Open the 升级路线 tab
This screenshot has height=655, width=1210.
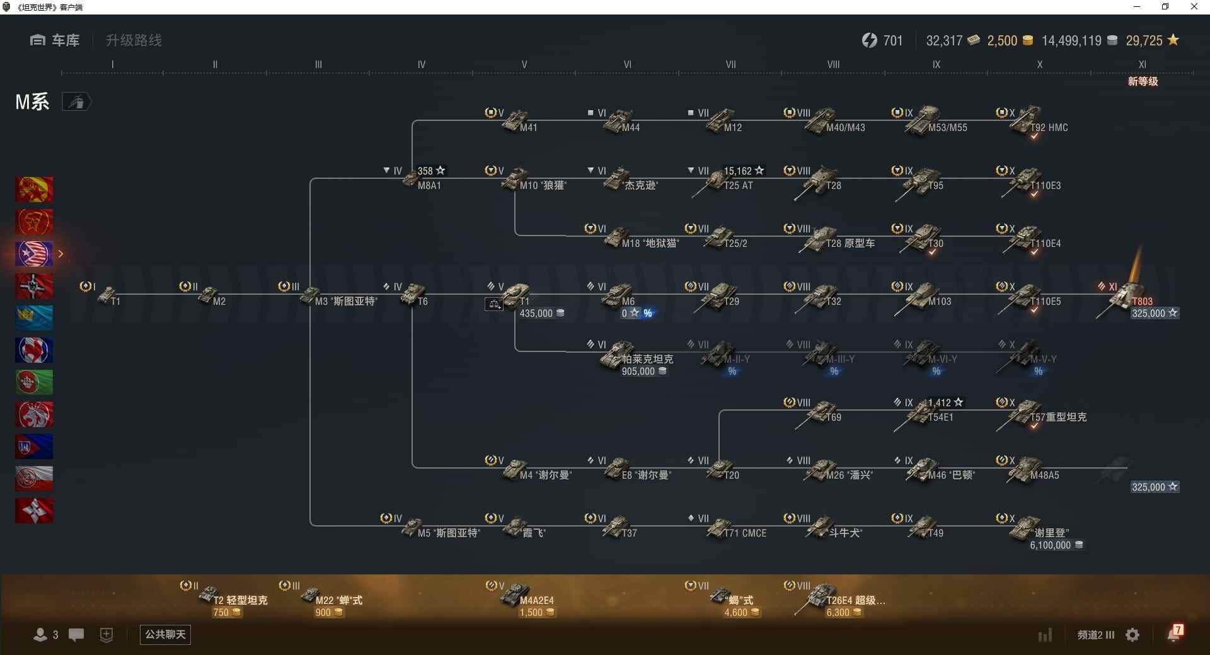click(x=134, y=40)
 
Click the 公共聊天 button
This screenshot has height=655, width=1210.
click(x=165, y=634)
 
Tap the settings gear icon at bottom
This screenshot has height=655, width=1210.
click(x=1132, y=635)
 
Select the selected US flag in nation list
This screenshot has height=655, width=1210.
click(x=34, y=254)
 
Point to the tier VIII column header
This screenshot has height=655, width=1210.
click(x=833, y=64)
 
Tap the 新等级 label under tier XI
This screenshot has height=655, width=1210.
click(x=1143, y=81)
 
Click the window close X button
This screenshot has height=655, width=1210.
click(x=1194, y=7)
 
